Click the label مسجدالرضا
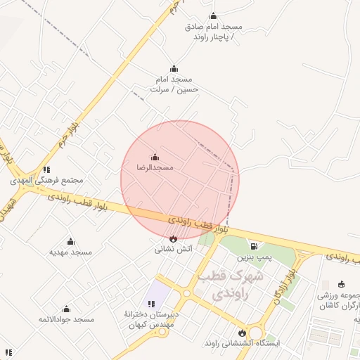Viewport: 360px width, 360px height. pos(155,168)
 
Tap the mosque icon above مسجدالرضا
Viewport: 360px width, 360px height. pos(155,157)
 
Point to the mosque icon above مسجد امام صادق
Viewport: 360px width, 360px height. pos(214,16)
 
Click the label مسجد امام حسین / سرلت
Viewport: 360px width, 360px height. pos(174,84)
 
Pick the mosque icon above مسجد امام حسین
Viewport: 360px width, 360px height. pos(174,69)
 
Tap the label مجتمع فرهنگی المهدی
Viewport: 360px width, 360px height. pos(46,180)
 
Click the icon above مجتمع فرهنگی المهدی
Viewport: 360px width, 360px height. pos(46,169)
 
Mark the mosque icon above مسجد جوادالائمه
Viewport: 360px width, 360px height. pos(67,309)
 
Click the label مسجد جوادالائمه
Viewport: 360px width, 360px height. pos(67,320)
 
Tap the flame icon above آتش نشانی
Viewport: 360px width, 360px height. pos(174,238)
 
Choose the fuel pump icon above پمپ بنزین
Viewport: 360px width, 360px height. pos(253,246)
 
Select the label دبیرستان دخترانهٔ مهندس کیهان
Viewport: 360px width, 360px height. pos(151,320)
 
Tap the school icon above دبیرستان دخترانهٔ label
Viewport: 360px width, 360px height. pos(151,304)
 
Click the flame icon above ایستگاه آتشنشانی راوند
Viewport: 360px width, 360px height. pos(243,333)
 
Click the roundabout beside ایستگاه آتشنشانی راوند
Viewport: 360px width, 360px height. pos(255,332)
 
